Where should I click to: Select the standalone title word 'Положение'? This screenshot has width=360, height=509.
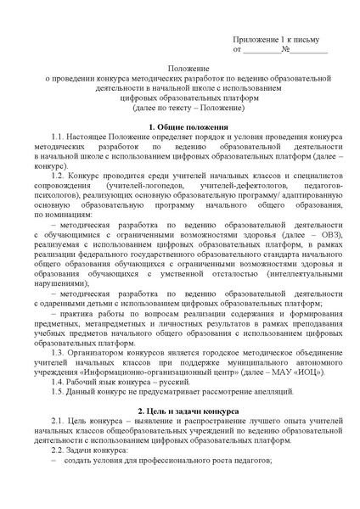click(179, 68)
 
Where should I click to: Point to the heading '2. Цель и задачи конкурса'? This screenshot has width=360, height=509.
click(179, 410)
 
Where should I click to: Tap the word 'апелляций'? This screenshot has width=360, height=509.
click(267, 390)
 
